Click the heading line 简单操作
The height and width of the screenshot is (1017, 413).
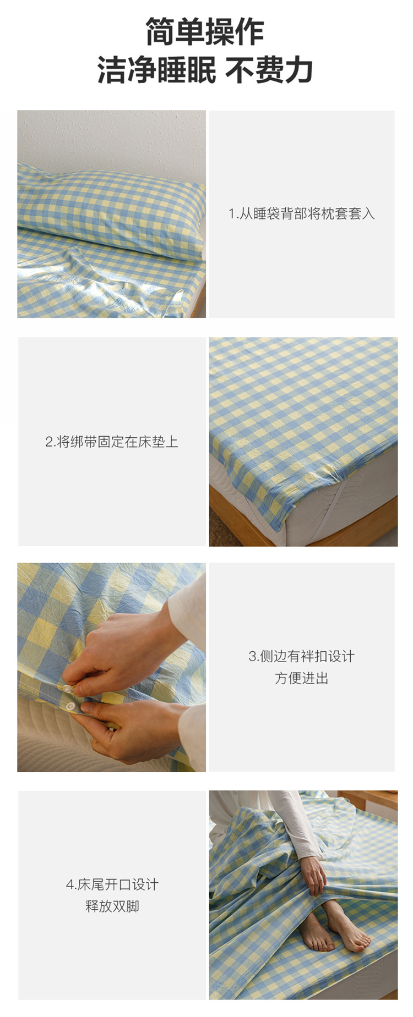205,31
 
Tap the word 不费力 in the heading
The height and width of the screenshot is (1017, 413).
269,70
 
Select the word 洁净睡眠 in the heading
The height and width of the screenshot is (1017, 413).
157,70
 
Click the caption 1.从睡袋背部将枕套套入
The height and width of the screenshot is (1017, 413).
302,213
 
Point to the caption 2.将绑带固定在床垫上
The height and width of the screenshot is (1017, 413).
112,442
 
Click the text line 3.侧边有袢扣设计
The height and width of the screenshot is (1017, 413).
302,656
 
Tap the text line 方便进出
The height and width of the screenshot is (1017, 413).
302,678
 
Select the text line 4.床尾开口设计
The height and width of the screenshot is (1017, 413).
112,884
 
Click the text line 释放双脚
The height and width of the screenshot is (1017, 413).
112,906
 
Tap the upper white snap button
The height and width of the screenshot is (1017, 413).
68,689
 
